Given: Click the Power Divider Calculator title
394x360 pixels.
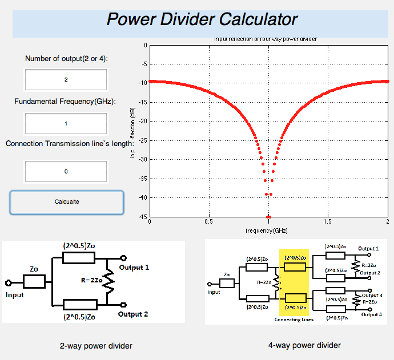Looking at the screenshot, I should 202,19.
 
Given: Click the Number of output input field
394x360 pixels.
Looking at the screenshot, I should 66,80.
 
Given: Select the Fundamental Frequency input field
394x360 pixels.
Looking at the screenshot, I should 66,123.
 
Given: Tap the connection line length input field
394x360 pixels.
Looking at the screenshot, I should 66,171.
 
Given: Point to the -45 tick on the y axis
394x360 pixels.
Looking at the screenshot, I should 143,217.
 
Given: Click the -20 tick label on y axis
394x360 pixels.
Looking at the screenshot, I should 143,122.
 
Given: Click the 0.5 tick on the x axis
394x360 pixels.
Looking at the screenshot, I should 209,221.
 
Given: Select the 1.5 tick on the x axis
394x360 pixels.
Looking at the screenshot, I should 328,221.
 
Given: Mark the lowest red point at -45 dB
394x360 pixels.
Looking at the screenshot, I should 268,217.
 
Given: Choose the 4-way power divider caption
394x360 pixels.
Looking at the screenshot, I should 304,345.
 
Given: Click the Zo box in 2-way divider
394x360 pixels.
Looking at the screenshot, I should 34,281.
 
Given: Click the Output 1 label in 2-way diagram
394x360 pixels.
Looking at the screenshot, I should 134,267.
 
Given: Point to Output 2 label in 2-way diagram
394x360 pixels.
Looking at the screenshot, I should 133,314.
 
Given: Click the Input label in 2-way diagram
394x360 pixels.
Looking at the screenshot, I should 15,295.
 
